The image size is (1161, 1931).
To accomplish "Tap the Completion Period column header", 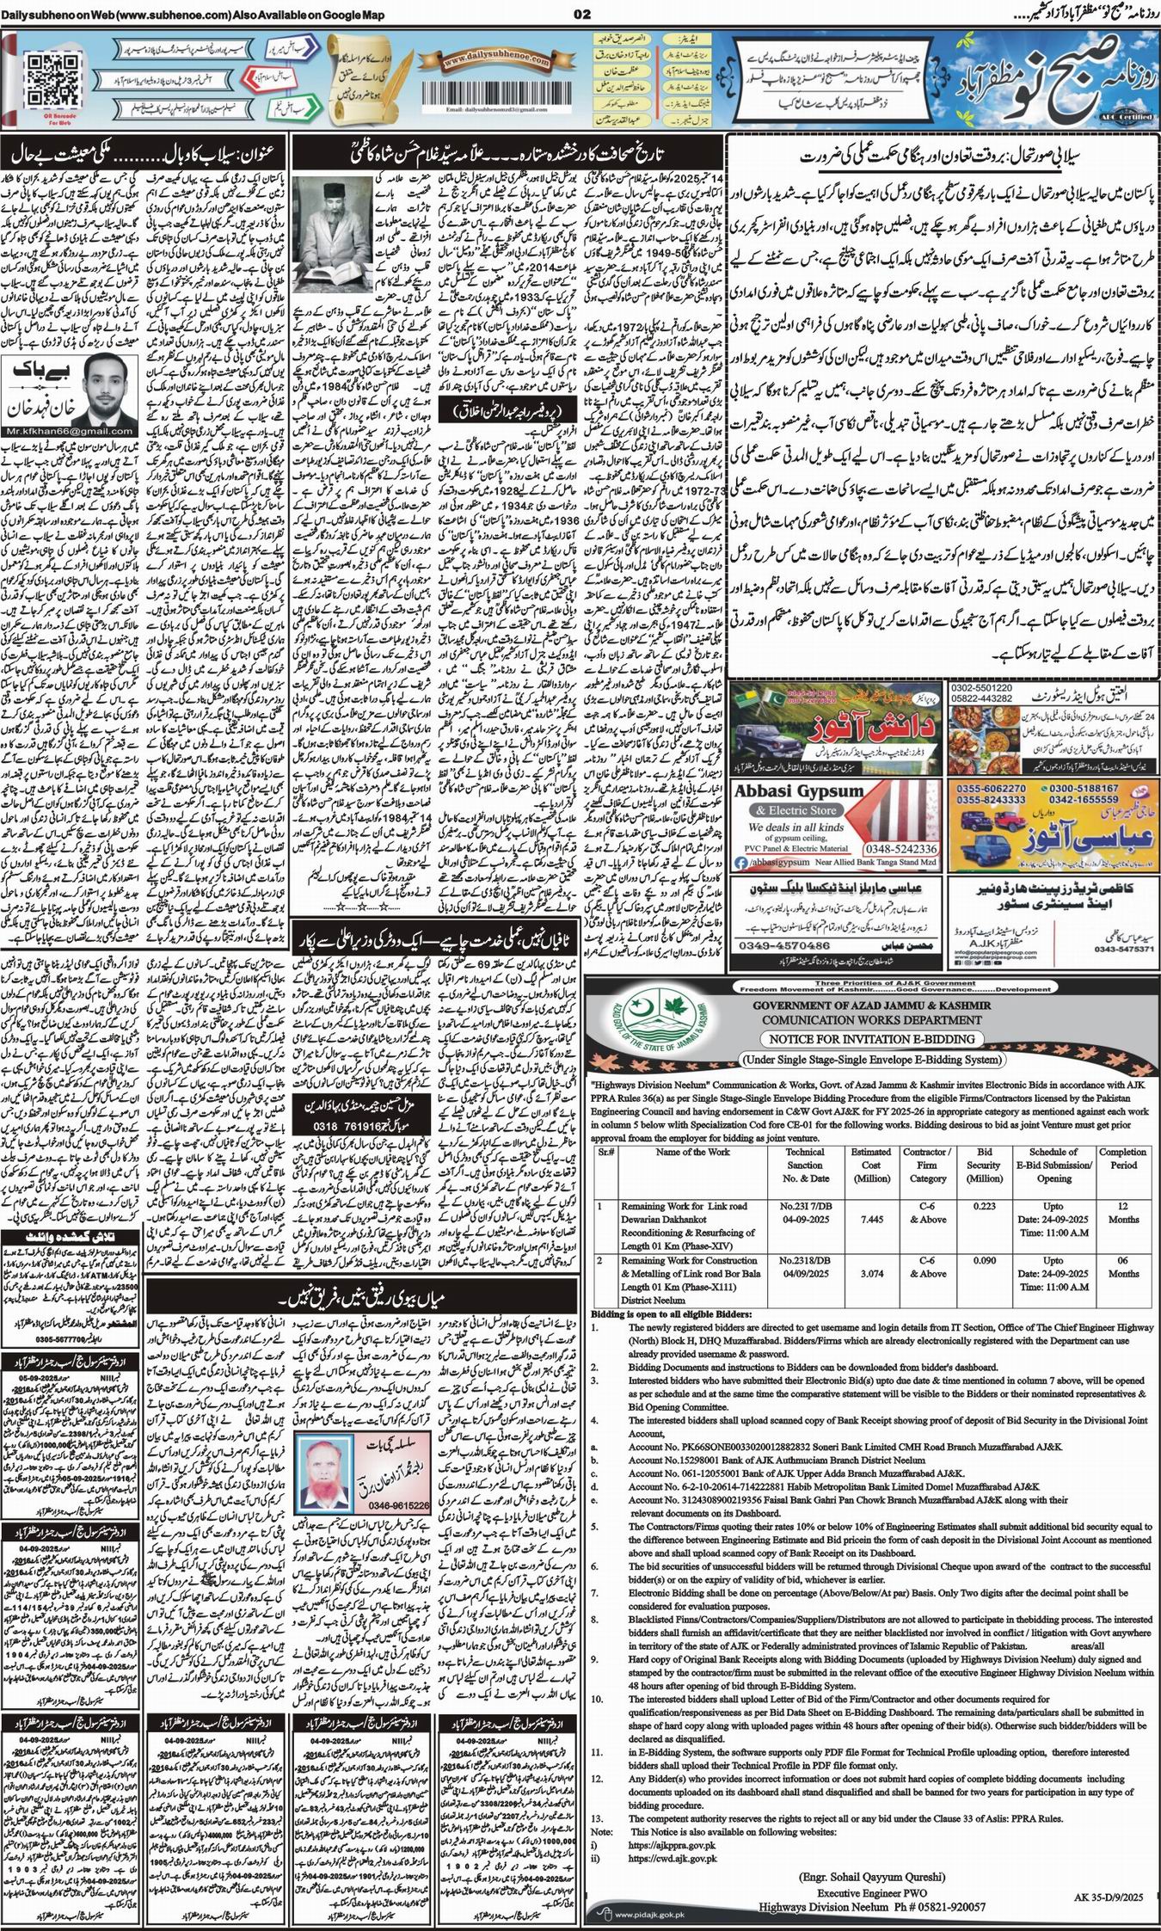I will [x=1122, y=1159].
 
